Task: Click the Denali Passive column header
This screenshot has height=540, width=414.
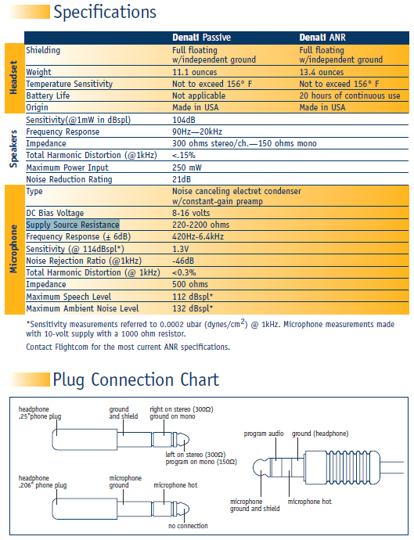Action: point(201,38)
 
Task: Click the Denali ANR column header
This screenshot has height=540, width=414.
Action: point(322,38)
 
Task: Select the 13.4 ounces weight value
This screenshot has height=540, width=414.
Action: point(322,72)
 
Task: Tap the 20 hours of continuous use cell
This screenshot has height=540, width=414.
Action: point(350,95)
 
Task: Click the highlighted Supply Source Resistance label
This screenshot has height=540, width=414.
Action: point(73,225)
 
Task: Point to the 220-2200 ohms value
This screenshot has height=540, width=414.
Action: point(201,225)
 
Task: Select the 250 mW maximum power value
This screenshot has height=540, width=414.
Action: point(187,167)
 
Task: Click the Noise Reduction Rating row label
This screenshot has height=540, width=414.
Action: point(69,179)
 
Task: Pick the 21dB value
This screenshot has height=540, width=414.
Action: point(182,179)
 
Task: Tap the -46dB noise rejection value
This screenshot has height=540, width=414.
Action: point(183,261)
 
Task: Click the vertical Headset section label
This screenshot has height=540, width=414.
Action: point(13,77)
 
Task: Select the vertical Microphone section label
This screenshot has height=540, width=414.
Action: point(13,249)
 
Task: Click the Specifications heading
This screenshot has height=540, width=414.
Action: point(105,12)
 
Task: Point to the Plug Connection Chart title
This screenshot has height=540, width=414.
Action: point(135,380)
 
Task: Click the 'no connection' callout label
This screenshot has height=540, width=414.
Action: point(188,526)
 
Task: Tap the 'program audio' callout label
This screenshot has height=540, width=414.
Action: point(264,434)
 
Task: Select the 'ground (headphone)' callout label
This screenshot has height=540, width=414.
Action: point(320,434)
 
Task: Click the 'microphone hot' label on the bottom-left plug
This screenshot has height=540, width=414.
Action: point(175,485)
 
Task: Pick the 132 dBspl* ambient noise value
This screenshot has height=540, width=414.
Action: point(193,308)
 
